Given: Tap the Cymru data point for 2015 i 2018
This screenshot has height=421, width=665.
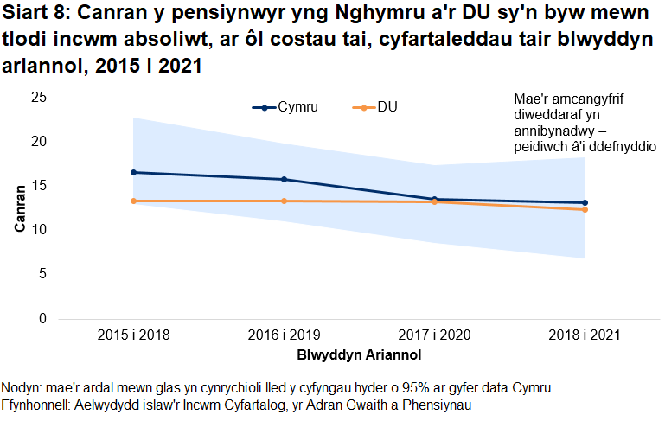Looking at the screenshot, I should coord(133,172).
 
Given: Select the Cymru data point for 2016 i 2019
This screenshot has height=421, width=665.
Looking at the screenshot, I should coord(284,179).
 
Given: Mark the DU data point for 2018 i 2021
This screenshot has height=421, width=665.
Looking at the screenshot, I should coord(585,209).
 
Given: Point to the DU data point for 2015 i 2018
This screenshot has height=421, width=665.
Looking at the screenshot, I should coord(133,201).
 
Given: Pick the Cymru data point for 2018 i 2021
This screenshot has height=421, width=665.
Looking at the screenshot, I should coord(585,202).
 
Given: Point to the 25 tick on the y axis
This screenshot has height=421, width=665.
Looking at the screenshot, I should coord(38,97).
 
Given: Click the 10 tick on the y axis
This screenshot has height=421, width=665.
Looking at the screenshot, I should coord(38,230).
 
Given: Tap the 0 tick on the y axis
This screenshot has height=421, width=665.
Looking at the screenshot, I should coord(42,318).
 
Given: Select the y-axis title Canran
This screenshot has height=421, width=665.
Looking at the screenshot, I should coord(19,207).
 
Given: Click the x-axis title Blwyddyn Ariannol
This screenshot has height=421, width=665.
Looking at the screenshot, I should coord(359,354).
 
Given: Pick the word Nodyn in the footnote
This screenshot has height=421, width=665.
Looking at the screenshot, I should coord(24,387).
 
